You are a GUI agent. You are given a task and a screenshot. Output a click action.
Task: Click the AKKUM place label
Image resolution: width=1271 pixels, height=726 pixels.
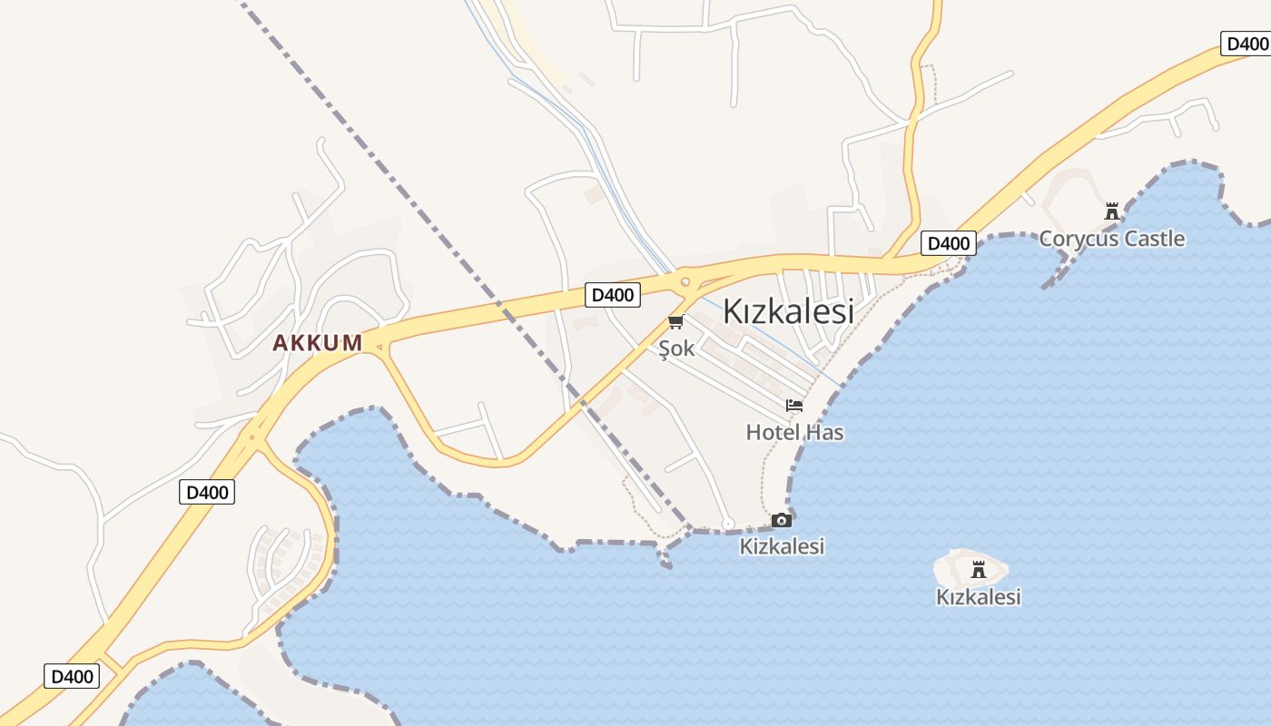(317, 343)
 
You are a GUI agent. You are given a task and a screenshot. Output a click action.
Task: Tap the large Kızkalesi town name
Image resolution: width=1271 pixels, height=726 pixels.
(788, 311)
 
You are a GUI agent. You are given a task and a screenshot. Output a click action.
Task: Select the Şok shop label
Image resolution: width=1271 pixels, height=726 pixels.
(676, 349)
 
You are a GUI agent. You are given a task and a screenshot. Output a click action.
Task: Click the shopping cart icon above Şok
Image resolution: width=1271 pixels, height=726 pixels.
(675, 322)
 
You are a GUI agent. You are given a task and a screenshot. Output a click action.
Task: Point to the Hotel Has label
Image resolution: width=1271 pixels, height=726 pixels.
(794, 432)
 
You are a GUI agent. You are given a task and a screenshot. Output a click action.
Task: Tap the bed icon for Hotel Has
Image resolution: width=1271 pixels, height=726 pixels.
(794, 406)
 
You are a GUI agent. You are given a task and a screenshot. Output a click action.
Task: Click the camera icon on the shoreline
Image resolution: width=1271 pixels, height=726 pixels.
(782, 520)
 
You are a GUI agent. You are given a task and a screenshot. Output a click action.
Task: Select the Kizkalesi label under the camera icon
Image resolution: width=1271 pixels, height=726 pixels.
(782, 546)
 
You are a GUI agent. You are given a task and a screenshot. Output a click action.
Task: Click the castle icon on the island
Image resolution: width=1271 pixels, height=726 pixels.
(978, 570)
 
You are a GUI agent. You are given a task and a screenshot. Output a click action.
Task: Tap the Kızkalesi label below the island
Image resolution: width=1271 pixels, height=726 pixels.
(978, 597)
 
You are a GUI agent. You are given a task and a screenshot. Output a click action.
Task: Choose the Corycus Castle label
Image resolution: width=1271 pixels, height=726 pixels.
(1111, 239)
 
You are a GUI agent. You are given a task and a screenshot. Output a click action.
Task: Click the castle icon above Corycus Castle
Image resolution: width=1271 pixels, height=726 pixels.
(1111, 211)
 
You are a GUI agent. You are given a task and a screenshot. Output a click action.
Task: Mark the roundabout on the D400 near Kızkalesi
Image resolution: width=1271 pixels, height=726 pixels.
(685, 282)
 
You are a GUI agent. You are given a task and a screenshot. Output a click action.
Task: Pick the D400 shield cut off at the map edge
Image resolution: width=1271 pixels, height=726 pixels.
(1246, 43)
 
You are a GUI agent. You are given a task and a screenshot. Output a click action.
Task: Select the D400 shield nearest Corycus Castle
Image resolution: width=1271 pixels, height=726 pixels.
(948, 243)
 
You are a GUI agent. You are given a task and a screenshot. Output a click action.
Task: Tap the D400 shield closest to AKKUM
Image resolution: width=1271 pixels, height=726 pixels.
(207, 492)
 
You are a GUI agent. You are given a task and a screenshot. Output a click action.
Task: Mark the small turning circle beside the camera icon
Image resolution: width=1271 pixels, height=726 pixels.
(727, 524)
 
